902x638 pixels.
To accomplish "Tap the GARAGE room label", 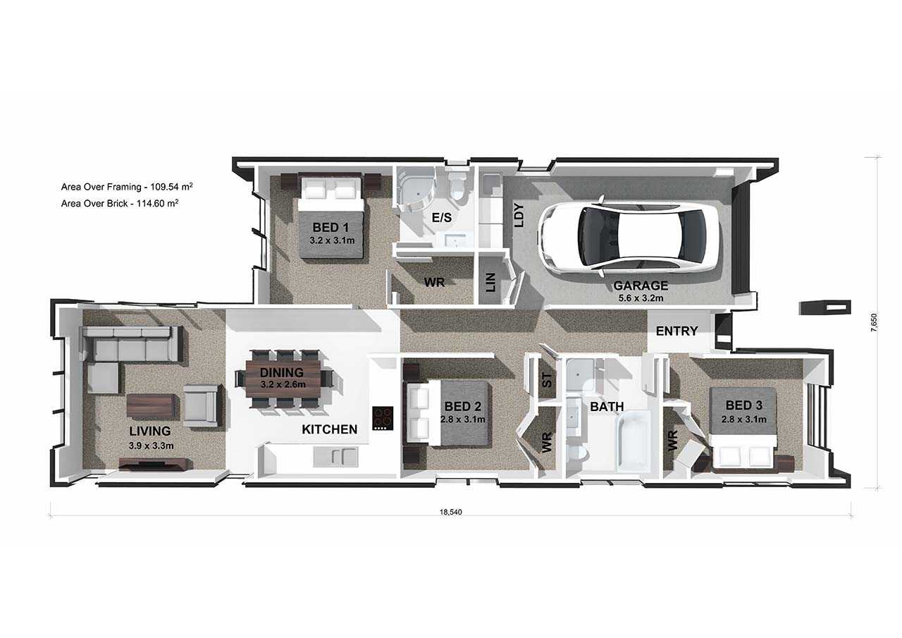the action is pos(641,286).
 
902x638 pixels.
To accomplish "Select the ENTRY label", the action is pos(677,331).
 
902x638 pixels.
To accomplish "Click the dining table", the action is pos(283,379).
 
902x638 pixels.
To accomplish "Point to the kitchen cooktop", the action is pos(383,419).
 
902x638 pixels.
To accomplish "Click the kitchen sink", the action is pos(335,456).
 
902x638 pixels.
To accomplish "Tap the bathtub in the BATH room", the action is pos(633,441).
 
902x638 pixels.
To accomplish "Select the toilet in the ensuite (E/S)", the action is pos(458,188).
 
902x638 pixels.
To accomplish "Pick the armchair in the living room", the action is pos(201,405).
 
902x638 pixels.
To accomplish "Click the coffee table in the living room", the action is pos(152,405).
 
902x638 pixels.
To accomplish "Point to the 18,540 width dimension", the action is pos(450,513).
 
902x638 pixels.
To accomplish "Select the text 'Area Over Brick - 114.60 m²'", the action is pos(120,203).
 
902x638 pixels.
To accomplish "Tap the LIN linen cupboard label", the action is pos(490,283).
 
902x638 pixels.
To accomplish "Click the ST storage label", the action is pos(548,380).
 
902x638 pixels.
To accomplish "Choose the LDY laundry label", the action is pos(520,216).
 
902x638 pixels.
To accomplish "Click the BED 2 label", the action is pos(463,406).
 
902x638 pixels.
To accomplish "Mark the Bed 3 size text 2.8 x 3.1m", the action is pos(743,419).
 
